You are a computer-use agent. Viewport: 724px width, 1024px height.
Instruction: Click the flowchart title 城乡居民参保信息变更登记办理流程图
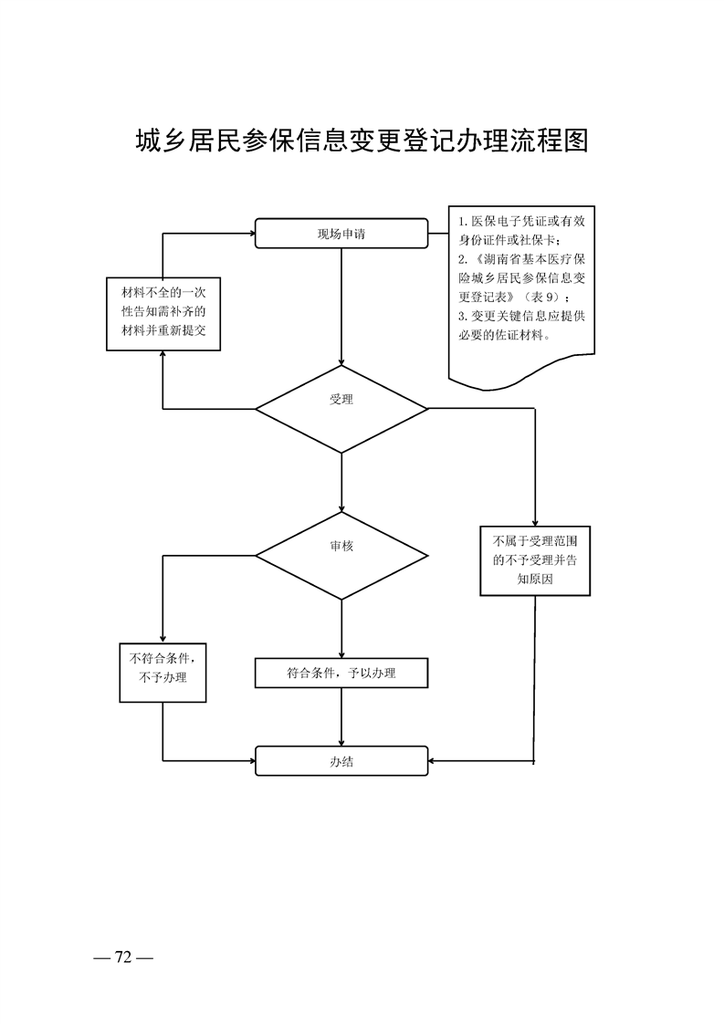362,141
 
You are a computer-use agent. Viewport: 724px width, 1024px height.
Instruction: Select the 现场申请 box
341,233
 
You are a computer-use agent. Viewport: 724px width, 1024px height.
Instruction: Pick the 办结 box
341,760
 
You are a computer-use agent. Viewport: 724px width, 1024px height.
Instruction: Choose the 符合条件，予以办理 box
341,673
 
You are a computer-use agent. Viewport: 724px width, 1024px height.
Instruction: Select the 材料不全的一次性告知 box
163,314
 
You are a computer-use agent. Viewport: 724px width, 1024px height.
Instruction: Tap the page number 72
124,956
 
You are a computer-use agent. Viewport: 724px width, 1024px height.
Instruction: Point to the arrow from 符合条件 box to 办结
341,716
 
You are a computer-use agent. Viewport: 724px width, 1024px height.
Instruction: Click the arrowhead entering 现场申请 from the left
249,233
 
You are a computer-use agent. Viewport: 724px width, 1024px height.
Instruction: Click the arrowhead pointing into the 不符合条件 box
163,638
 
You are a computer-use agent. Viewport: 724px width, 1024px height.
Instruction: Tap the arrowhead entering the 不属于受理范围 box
535,522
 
